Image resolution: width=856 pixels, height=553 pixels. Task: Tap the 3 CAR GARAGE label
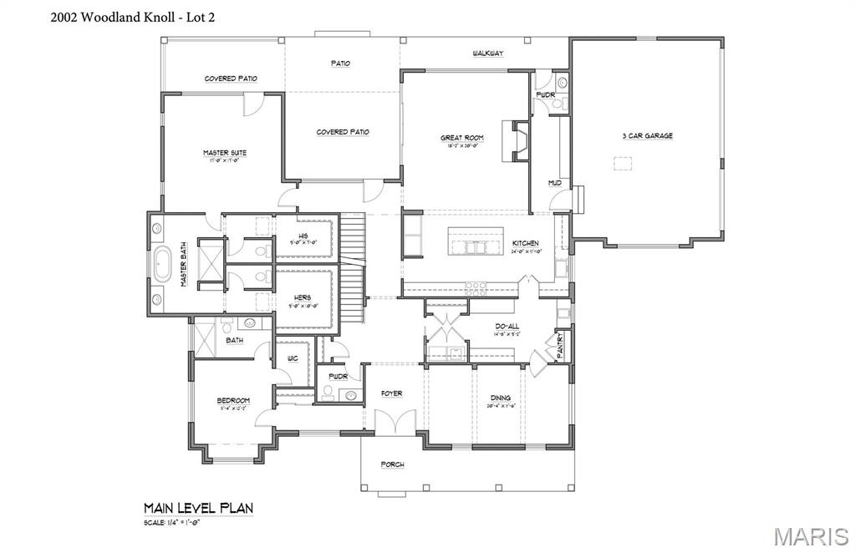[646, 135]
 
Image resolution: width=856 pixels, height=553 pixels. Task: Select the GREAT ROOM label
[462, 138]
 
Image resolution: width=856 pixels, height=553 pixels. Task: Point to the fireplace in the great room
[519, 140]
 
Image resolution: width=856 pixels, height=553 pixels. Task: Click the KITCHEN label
[526, 243]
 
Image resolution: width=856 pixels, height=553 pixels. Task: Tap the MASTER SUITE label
[224, 153]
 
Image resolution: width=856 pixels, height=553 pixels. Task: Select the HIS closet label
[303, 236]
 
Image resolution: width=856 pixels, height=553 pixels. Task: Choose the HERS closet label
[303, 297]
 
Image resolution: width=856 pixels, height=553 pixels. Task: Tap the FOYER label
[391, 393]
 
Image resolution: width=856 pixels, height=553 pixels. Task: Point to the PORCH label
[392, 464]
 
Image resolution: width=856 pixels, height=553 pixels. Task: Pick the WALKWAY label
[487, 53]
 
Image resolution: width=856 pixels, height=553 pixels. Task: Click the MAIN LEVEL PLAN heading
[198, 508]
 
